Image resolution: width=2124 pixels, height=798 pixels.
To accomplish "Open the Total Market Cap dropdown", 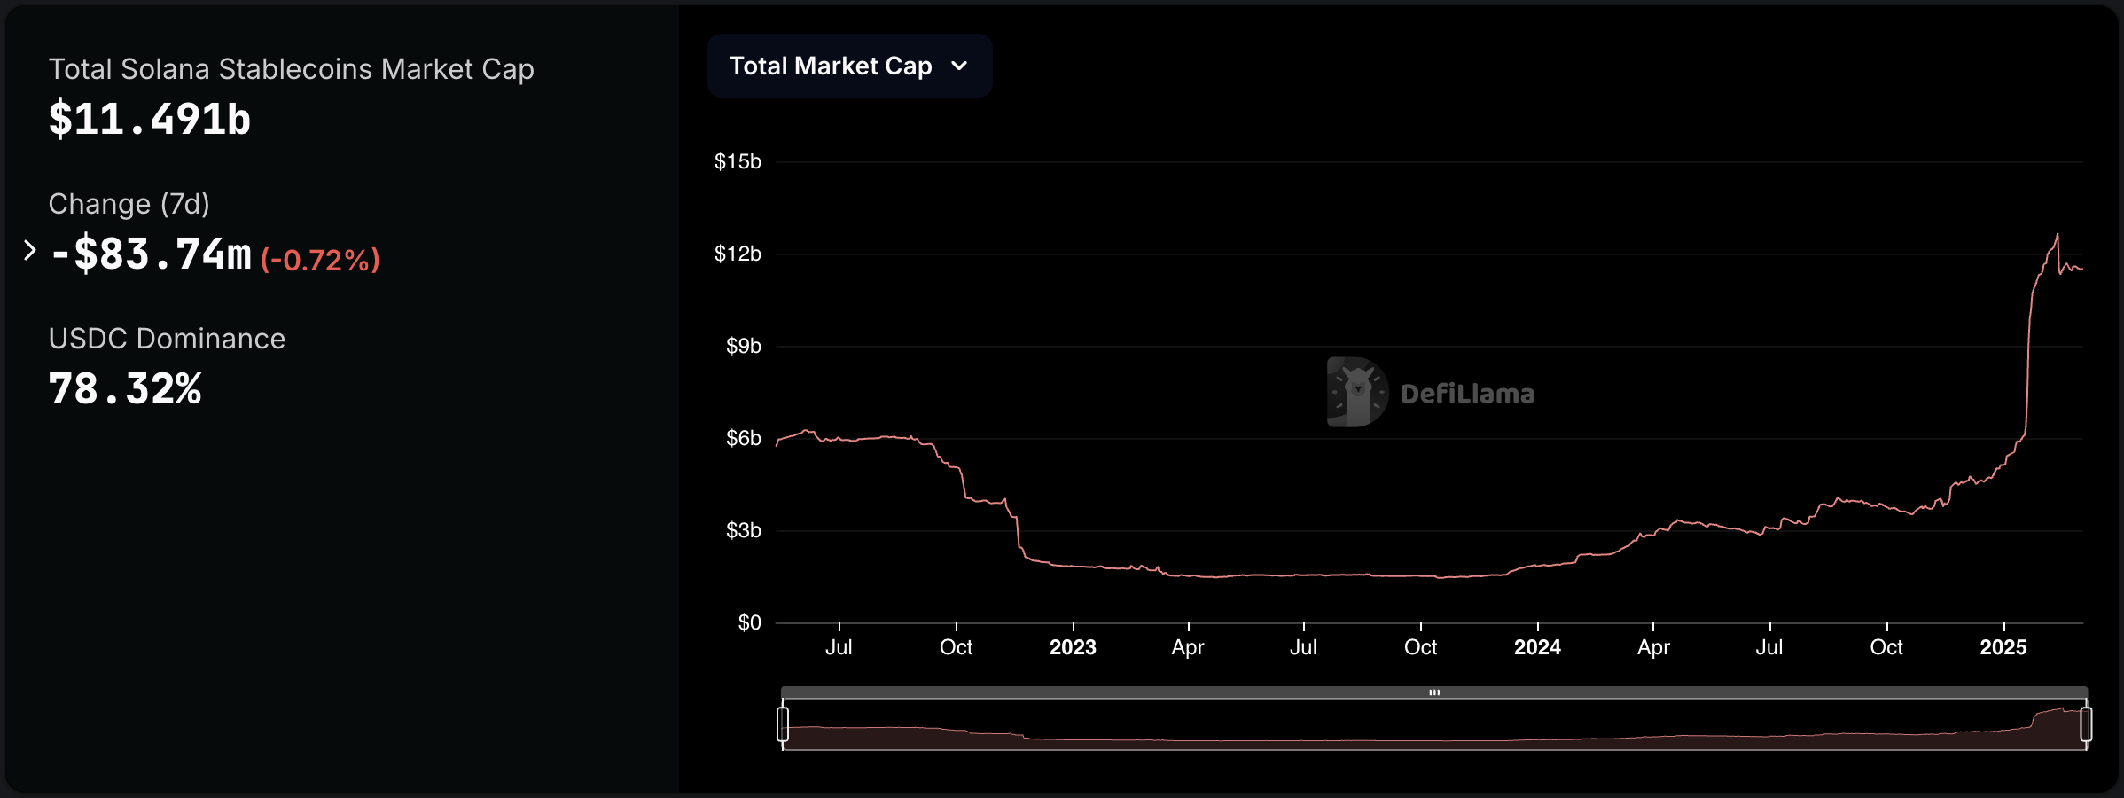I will (848, 66).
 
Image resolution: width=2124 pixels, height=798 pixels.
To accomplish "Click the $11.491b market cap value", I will (149, 119).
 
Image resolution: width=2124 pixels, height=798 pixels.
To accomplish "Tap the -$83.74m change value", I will (152, 254).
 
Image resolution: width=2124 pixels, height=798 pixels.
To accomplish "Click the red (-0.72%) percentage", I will (320, 260).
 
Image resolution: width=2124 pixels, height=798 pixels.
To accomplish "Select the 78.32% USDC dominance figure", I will (125, 389).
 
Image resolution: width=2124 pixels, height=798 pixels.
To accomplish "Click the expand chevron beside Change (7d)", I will (29, 251).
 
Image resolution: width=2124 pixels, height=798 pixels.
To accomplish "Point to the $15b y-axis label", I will (738, 161).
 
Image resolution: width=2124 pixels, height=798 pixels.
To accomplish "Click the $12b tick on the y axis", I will (738, 254).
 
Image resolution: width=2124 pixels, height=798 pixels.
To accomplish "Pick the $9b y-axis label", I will (743, 346).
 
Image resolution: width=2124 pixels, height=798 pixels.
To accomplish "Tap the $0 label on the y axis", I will (749, 622).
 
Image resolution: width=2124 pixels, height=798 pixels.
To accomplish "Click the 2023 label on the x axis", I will (1073, 647).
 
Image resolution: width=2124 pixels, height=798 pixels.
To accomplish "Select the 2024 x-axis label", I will (1537, 647).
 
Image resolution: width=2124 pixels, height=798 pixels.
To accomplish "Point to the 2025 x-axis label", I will (2003, 647).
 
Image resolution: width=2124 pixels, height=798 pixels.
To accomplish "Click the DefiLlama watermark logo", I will (1356, 392).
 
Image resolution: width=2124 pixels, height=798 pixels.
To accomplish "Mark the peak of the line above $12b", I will (2058, 235).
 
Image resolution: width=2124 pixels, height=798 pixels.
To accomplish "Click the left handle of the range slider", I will (783, 724).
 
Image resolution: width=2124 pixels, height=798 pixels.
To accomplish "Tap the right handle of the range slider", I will (2086, 724).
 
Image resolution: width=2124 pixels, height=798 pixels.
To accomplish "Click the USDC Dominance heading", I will (167, 339).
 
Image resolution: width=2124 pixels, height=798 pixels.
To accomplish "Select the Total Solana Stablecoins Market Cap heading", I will (291, 69).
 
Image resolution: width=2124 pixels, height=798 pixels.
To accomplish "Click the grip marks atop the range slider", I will (1434, 692).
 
